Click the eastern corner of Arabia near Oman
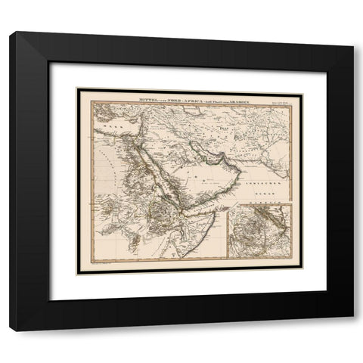click(239, 173)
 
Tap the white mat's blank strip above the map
click(189, 76)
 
